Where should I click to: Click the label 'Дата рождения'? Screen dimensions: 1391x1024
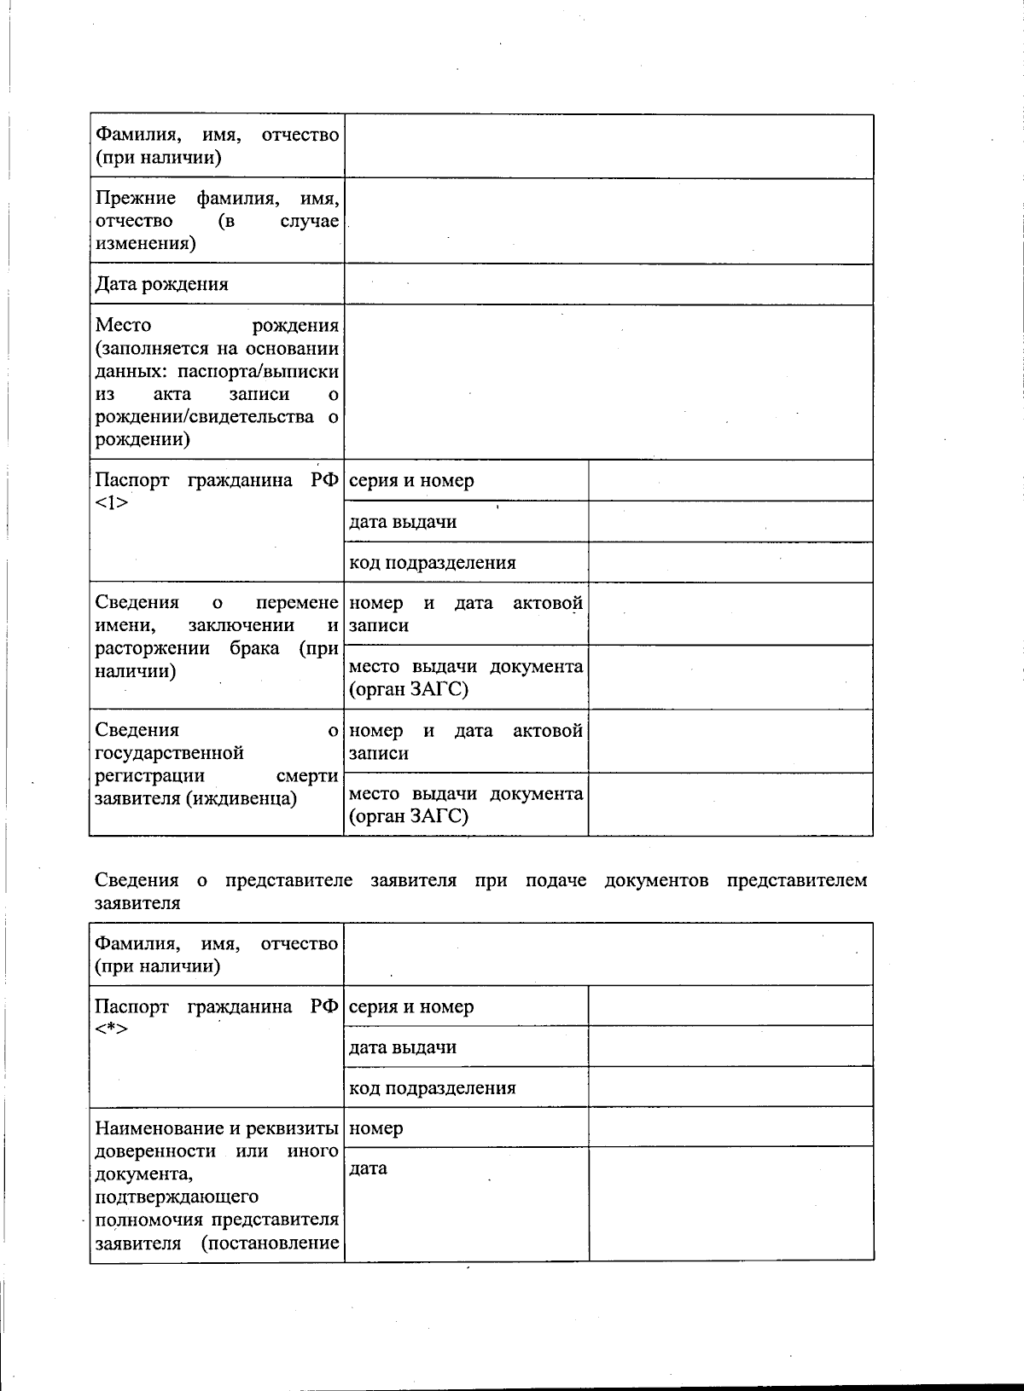161,285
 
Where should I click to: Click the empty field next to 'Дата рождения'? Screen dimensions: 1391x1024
608,284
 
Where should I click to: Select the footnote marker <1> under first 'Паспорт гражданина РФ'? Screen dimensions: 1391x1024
111,503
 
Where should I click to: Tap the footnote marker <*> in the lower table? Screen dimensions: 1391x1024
111,1029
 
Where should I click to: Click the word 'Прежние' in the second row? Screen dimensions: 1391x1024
136,199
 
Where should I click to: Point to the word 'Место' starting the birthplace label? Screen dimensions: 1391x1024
123,325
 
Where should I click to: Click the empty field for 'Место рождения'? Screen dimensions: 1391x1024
608,382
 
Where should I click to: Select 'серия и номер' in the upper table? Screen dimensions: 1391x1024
411,481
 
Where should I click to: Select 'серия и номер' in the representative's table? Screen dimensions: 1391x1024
411,1007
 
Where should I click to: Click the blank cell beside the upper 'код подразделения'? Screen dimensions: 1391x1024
730,563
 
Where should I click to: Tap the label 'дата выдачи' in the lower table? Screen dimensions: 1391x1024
403,1047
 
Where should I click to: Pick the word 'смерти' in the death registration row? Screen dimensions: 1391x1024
307,776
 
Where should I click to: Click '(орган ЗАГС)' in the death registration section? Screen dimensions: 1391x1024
408,816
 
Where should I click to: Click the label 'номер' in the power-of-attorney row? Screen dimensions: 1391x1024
376,1128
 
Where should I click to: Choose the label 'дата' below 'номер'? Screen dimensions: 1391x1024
369,1168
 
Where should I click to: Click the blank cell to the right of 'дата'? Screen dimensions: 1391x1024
730,1203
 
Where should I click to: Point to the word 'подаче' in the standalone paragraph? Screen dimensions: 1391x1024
556,880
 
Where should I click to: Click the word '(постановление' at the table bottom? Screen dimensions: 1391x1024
271,1243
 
